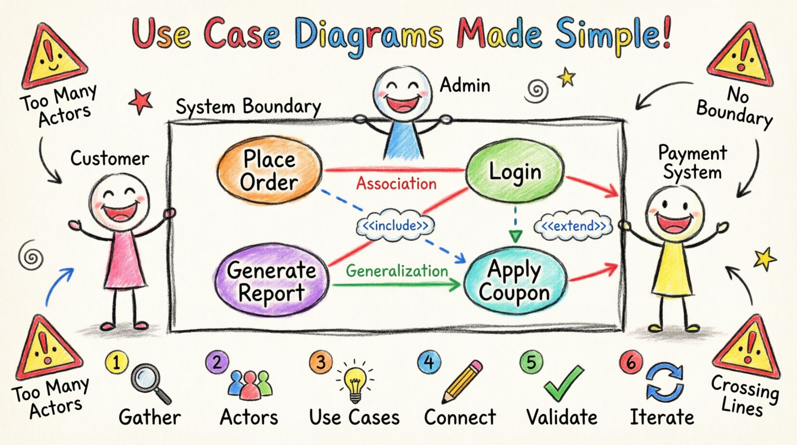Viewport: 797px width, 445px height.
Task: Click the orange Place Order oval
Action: click(x=269, y=171)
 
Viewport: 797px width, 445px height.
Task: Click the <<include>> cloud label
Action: click(x=396, y=225)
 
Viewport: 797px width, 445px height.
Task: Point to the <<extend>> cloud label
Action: click(x=573, y=226)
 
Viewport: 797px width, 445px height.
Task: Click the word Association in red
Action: click(x=396, y=183)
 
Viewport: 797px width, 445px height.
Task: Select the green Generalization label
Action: click(x=397, y=271)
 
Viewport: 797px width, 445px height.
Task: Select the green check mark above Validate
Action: click(x=564, y=384)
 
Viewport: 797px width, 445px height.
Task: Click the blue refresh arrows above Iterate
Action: click(x=664, y=382)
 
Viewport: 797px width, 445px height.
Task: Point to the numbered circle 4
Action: click(x=429, y=362)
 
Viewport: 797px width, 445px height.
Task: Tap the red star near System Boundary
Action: click(x=141, y=101)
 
